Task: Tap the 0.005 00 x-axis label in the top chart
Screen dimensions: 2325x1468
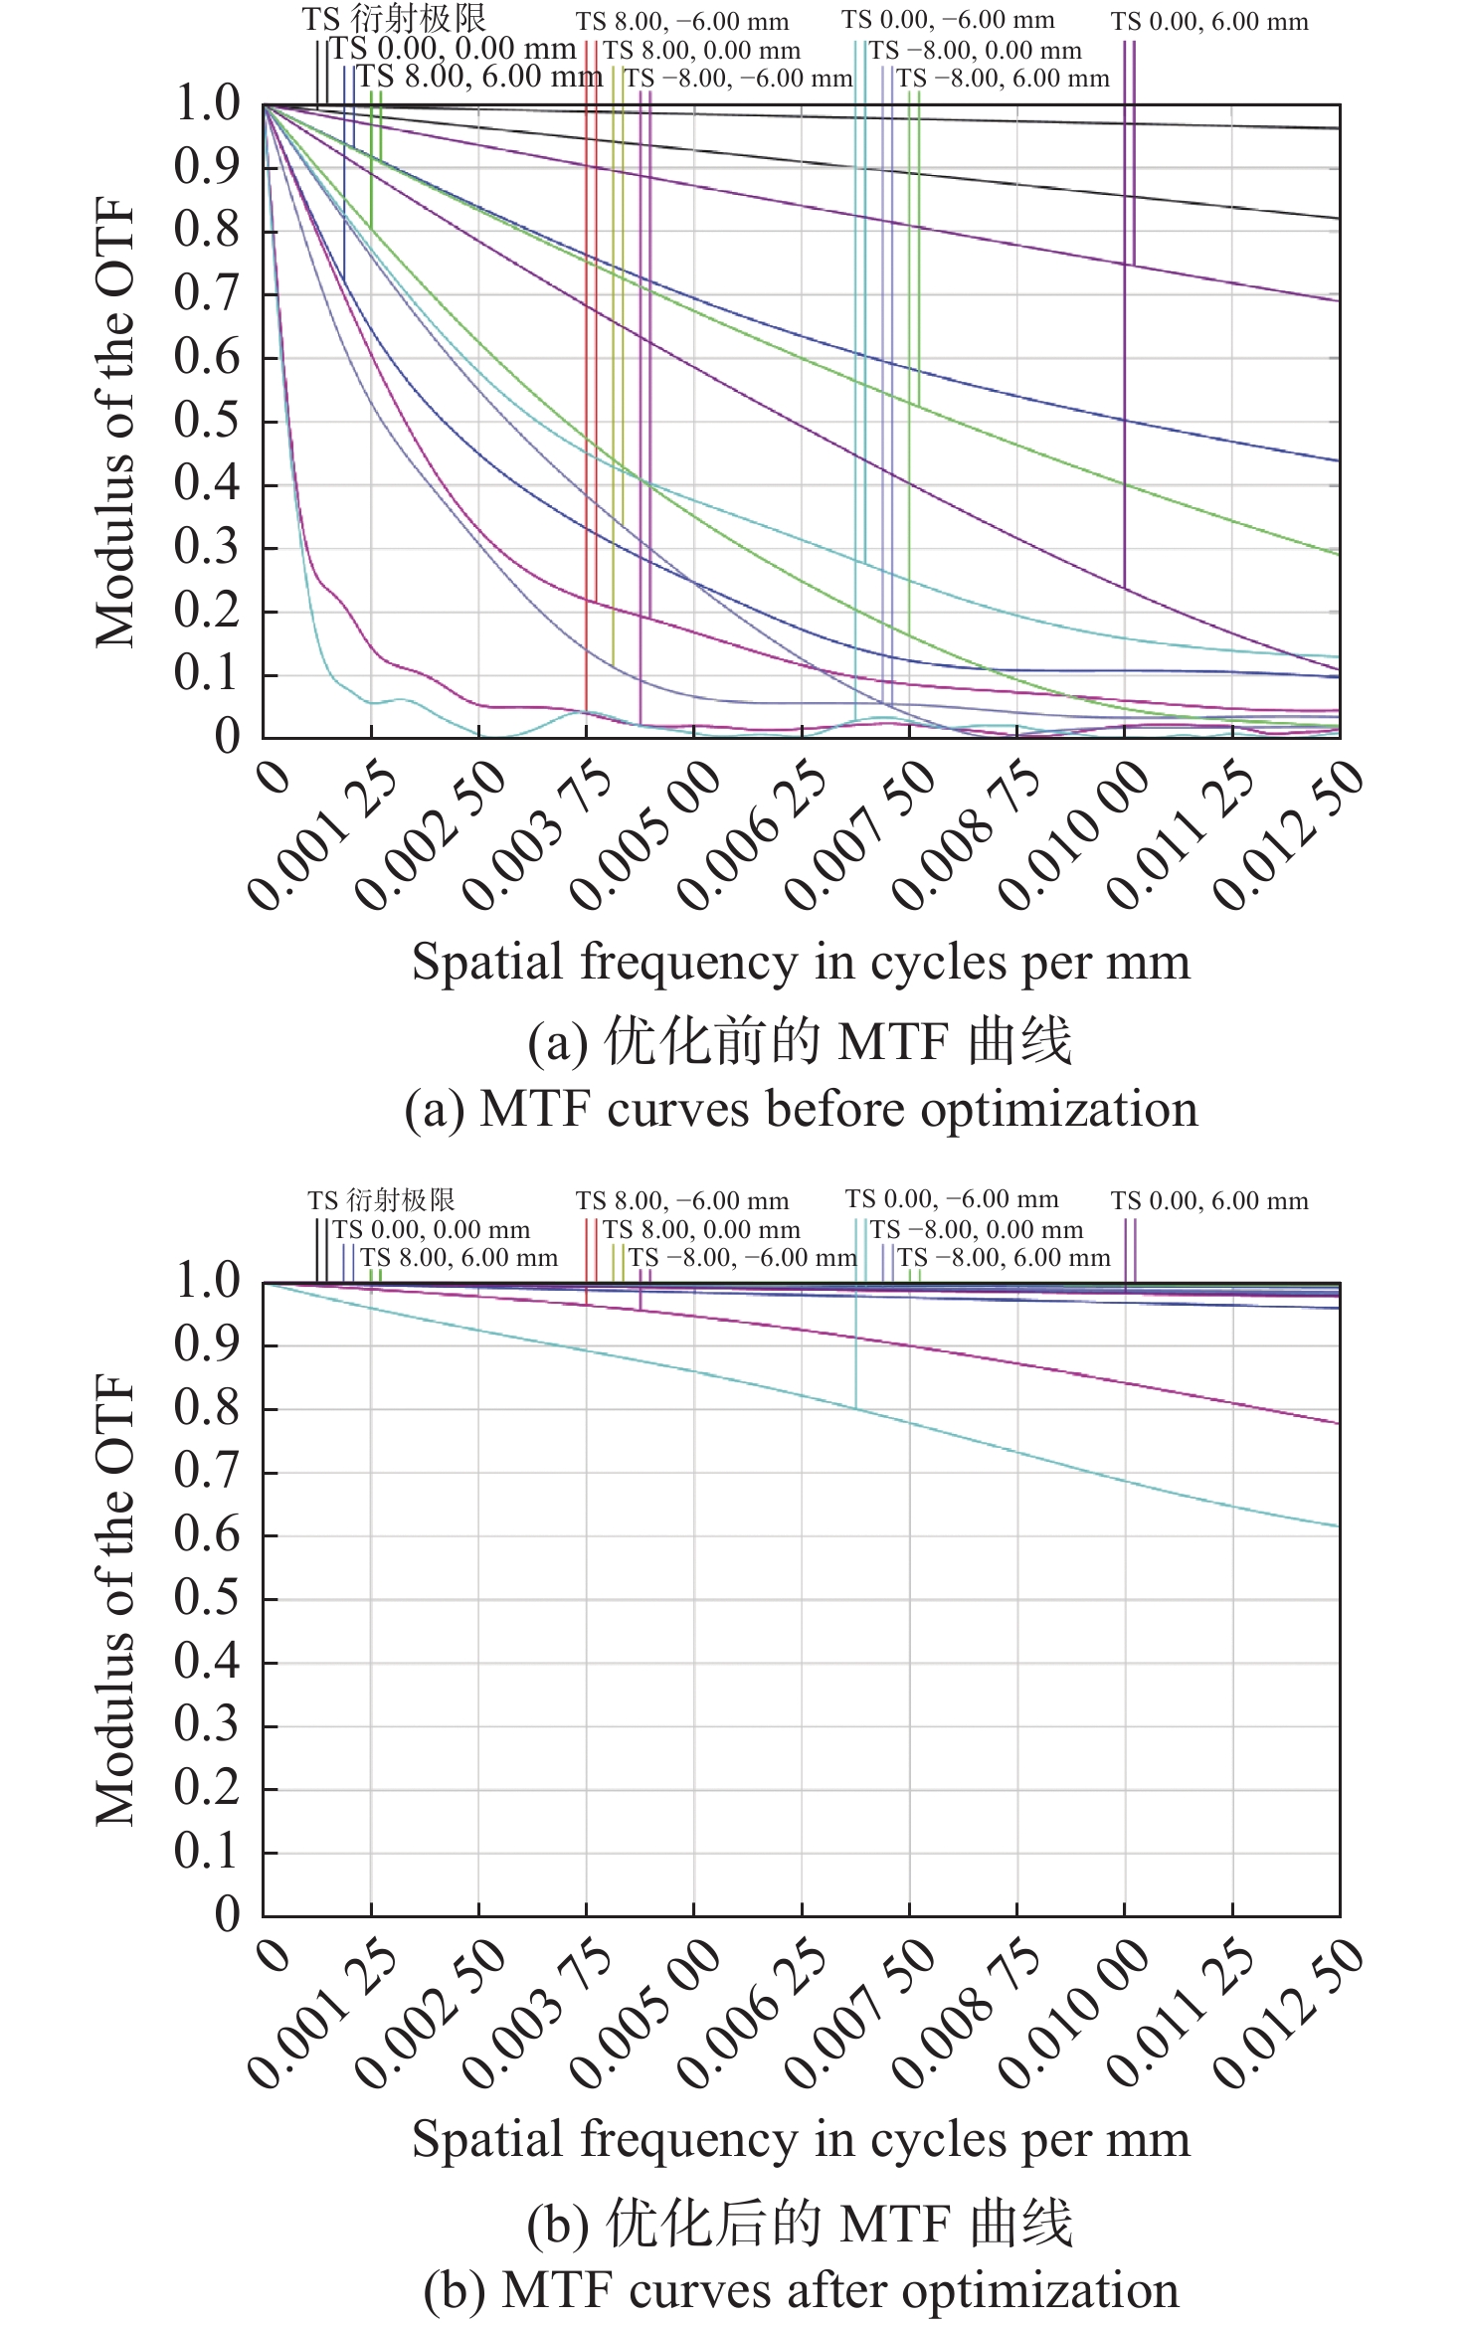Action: pyautogui.click(x=646, y=833)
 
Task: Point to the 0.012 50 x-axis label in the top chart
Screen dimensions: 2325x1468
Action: pyautogui.click(x=1290, y=833)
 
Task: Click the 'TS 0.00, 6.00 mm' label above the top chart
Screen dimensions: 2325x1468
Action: pyautogui.click(x=1209, y=22)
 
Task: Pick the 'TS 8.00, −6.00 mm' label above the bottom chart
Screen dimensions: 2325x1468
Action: pyautogui.click(x=681, y=1201)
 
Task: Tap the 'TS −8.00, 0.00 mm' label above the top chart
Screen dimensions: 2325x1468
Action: pyautogui.click(x=975, y=51)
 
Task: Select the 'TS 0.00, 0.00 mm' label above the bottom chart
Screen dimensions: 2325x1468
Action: pyautogui.click(x=431, y=1230)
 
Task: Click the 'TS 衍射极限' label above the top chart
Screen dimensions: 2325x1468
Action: pyautogui.click(x=394, y=19)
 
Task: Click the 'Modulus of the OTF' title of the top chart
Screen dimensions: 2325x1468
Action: pyautogui.click(x=115, y=422)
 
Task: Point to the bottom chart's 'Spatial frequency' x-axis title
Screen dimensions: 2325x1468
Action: pyautogui.click(x=801, y=2139)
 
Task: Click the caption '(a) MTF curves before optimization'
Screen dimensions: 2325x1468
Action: pyautogui.click(x=801, y=1109)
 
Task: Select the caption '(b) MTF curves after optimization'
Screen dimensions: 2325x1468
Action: pyautogui.click(x=801, y=2290)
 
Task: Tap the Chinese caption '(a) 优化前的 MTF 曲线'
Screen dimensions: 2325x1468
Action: pyautogui.click(x=801, y=1042)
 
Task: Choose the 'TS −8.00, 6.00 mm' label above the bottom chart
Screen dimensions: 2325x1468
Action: pyautogui.click(x=1004, y=1258)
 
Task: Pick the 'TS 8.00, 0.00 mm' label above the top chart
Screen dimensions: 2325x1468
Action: pyautogui.click(x=701, y=51)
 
